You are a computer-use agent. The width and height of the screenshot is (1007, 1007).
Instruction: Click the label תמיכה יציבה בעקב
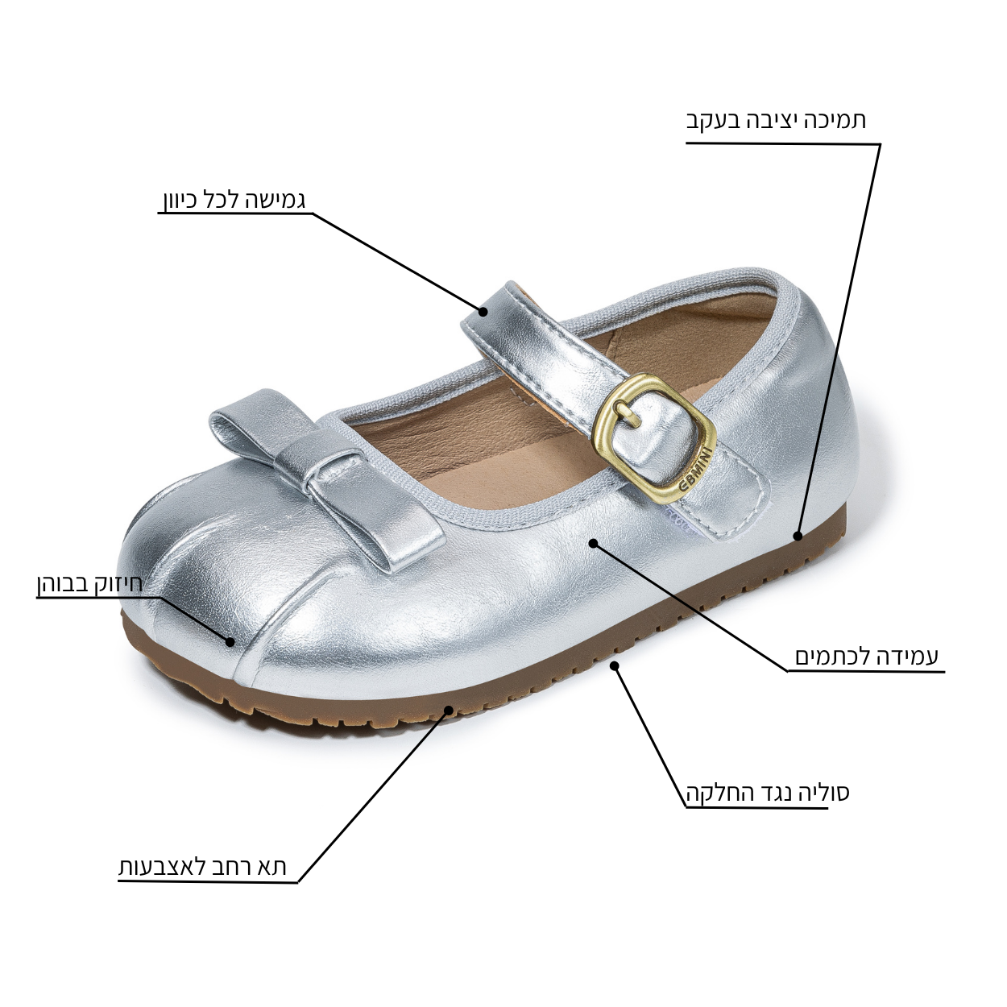click(776, 121)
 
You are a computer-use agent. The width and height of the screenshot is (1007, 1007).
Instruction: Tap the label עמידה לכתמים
click(867, 657)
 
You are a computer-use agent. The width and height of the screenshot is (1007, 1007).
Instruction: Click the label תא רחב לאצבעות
click(202, 868)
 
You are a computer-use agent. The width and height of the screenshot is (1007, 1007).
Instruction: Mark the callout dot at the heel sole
click(798, 536)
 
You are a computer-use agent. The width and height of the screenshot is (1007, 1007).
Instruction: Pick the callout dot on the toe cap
click(230, 642)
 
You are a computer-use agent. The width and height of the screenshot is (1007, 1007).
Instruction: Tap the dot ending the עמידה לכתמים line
click(593, 544)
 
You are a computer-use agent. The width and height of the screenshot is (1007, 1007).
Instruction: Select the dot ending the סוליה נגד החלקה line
click(615, 665)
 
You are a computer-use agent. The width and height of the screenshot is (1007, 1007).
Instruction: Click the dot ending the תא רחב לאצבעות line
click(449, 710)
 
